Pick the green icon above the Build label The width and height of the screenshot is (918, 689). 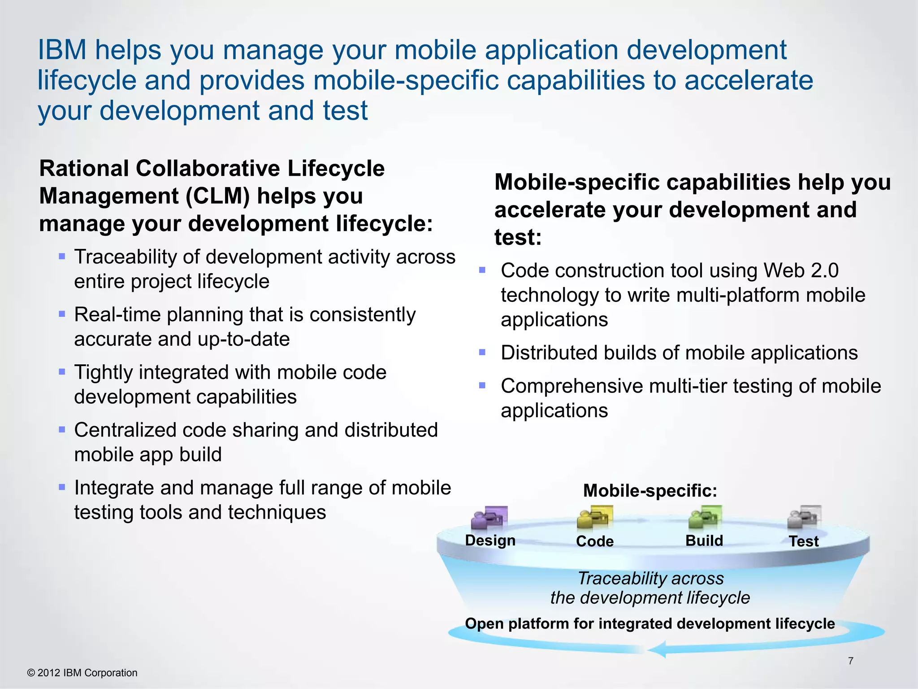[705, 517]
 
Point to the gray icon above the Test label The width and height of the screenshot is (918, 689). [804, 517]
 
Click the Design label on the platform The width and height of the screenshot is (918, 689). [490, 540]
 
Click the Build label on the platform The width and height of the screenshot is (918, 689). [704, 541]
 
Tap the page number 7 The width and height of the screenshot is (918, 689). [850, 661]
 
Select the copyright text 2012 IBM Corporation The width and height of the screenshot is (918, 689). [87, 673]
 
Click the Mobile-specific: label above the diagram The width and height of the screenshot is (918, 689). [650, 491]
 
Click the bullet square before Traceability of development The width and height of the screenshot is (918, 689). [62, 257]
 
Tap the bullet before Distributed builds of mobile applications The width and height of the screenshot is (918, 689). [482, 353]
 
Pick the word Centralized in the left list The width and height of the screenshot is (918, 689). [125, 430]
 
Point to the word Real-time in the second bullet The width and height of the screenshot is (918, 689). [117, 314]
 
